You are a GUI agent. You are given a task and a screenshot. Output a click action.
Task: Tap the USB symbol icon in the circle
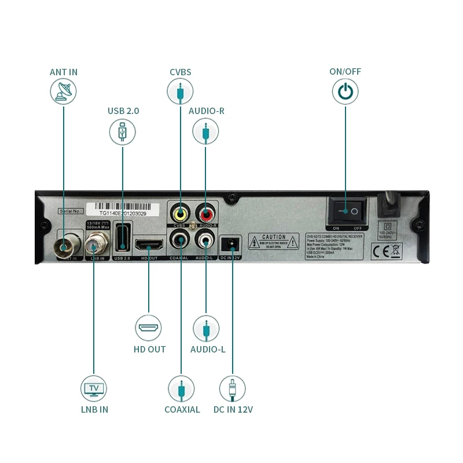[x=122, y=132]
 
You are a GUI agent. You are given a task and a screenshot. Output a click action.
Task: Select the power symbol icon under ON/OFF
[x=345, y=92]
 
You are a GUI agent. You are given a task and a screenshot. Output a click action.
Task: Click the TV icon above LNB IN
[x=94, y=388]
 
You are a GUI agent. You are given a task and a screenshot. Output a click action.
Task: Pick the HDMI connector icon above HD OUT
[x=149, y=328]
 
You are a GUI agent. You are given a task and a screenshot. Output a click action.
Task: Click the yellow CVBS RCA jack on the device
[x=181, y=212]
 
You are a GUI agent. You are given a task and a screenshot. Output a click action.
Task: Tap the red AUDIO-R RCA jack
[x=205, y=212]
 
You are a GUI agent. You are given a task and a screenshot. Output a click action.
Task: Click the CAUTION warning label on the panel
[x=274, y=241]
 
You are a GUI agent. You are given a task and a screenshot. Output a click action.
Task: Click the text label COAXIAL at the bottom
[x=182, y=409]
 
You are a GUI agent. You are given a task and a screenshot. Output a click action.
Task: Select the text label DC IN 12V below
[x=233, y=409]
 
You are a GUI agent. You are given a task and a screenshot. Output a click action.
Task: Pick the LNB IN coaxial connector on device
[x=93, y=246]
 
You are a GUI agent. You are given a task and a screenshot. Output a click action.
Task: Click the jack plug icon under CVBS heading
[x=180, y=92]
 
